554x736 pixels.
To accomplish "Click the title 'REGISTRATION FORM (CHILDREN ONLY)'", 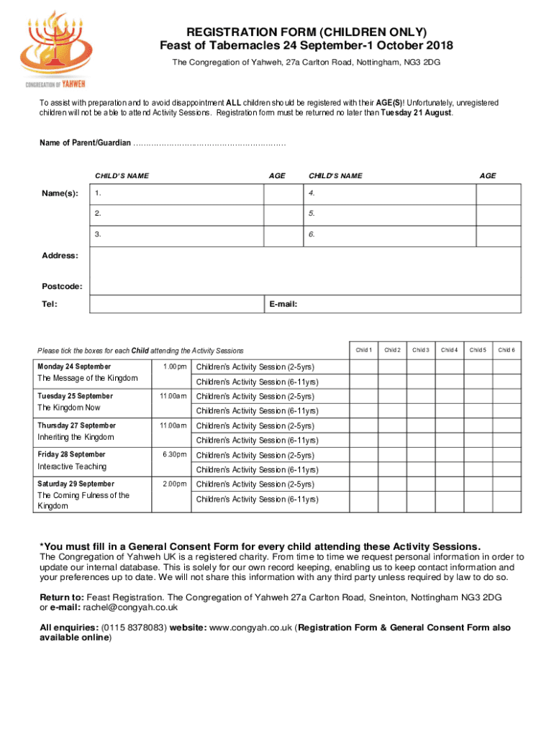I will (x=306, y=32).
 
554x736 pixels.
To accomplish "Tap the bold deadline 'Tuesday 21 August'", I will (x=416, y=114).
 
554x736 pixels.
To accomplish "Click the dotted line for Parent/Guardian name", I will (x=209, y=144).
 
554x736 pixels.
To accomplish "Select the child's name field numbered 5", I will (x=389, y=214).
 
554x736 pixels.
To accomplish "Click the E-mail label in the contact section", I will (x=283, y=304).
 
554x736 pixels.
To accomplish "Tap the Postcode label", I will (x=61, y=287).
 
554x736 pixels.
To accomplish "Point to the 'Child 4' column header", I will (x=449, y=350).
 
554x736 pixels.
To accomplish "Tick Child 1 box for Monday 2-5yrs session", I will (x=364, y=367).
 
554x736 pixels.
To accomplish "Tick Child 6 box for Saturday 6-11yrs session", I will (x=507, y=500).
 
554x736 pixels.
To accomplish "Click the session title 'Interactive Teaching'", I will (x=72, y=467).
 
